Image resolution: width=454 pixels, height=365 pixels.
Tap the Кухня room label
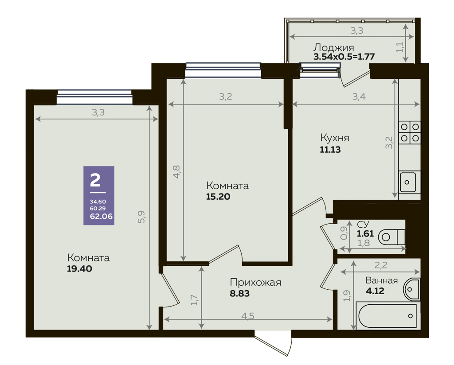tap(335, 138)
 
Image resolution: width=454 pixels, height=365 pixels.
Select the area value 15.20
tap(218, 197)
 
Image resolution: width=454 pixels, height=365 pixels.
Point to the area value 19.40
tap(79, 269)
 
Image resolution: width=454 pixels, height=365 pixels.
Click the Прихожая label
tap(255, 282)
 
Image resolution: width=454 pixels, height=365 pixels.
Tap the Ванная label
tap(381, 280)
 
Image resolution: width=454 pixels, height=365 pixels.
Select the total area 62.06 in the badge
tap(101, 216)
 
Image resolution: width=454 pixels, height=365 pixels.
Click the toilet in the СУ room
tap(391, 237)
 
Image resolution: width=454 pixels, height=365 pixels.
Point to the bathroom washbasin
tap(411, 289)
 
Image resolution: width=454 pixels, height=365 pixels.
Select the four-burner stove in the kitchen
tap(410, 132)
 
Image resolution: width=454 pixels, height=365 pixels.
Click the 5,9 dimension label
tap(141, 217)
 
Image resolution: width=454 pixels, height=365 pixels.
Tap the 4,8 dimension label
tap(176, 171)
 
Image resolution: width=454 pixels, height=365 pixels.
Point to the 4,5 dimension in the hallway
tap(248, 316)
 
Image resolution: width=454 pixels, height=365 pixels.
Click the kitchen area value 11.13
tap(330, 150)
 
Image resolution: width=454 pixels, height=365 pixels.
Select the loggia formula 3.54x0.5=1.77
tap(344, 56)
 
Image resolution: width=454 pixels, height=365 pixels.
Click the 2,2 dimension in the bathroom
tap(381, 265)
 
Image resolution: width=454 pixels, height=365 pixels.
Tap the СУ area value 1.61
tap(365, 233)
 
